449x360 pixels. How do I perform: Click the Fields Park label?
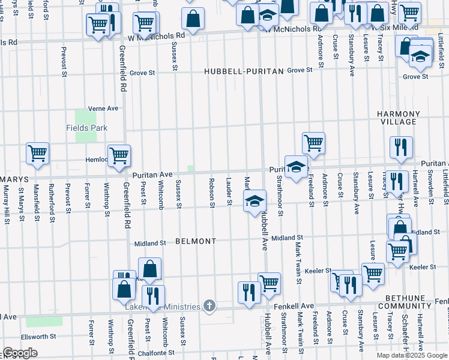point(86,128)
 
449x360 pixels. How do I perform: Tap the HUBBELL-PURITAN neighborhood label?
point(243,71)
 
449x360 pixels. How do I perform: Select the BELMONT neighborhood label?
point(195,241)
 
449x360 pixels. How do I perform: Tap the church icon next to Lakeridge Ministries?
point(209,307)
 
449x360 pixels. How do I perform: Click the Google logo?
point(20,353)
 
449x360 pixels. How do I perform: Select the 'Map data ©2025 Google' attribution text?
point(411,355)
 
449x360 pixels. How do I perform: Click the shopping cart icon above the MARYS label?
point(37,153)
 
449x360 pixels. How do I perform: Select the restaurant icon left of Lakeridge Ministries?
point(153,295)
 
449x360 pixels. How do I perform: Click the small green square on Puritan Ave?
point(191,169)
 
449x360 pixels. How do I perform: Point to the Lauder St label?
point(229,191)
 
